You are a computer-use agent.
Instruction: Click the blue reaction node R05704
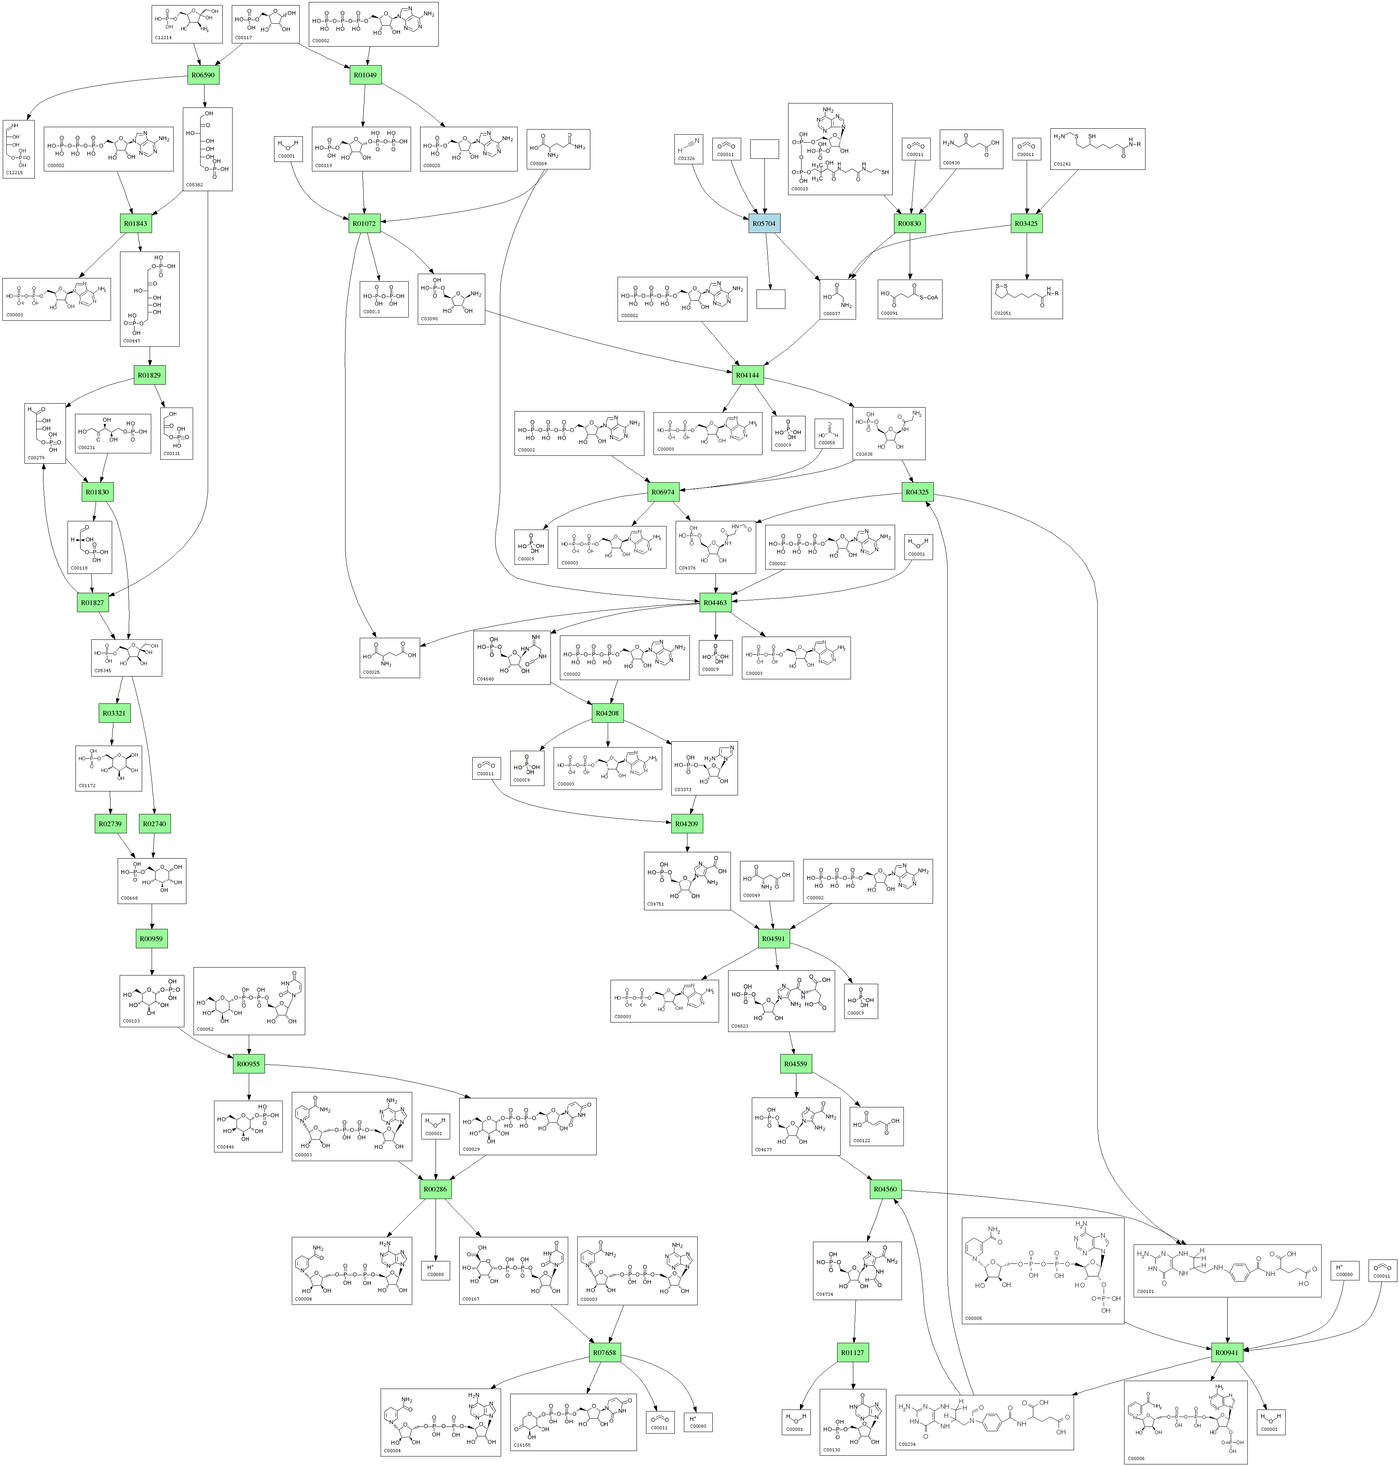coord(764,223)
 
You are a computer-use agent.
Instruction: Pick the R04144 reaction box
coord(747,375)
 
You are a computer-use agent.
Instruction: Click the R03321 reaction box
coord(114,713)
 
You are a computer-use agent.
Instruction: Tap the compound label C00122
coord(861,1140)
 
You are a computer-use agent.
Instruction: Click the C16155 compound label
coord(522,1444)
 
